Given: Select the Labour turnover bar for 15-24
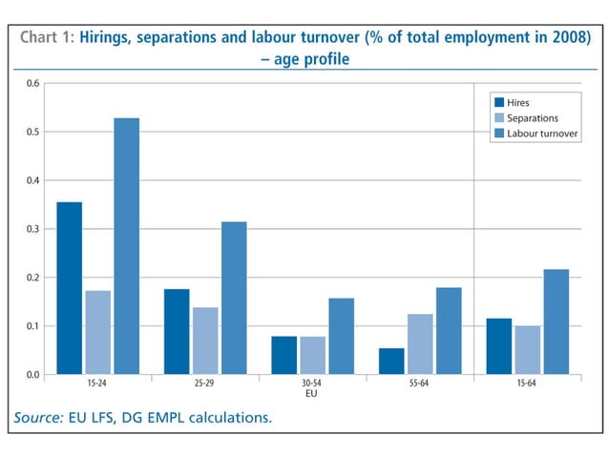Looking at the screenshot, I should [126, 245].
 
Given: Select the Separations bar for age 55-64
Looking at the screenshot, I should [420, 343].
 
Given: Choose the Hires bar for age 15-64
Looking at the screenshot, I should [499, 345].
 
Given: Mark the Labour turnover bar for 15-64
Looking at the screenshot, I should [556, 321].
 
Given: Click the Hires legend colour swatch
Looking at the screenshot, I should [497, 102].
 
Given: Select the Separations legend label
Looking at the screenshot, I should [533, 117].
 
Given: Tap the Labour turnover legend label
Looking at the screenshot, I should [542, 134].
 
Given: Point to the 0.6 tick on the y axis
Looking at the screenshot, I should [32, 84].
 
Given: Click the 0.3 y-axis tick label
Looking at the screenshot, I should [32, 229].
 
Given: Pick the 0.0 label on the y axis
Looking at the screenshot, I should [32, 375].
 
